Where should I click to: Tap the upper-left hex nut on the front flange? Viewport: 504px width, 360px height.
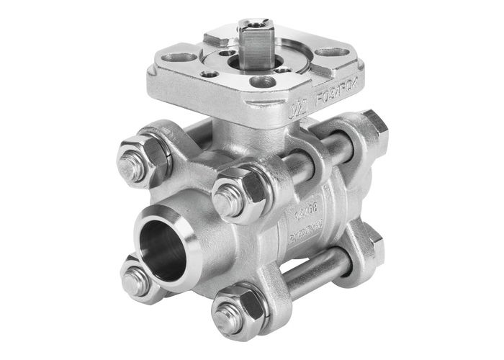click(x=135, y=160)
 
